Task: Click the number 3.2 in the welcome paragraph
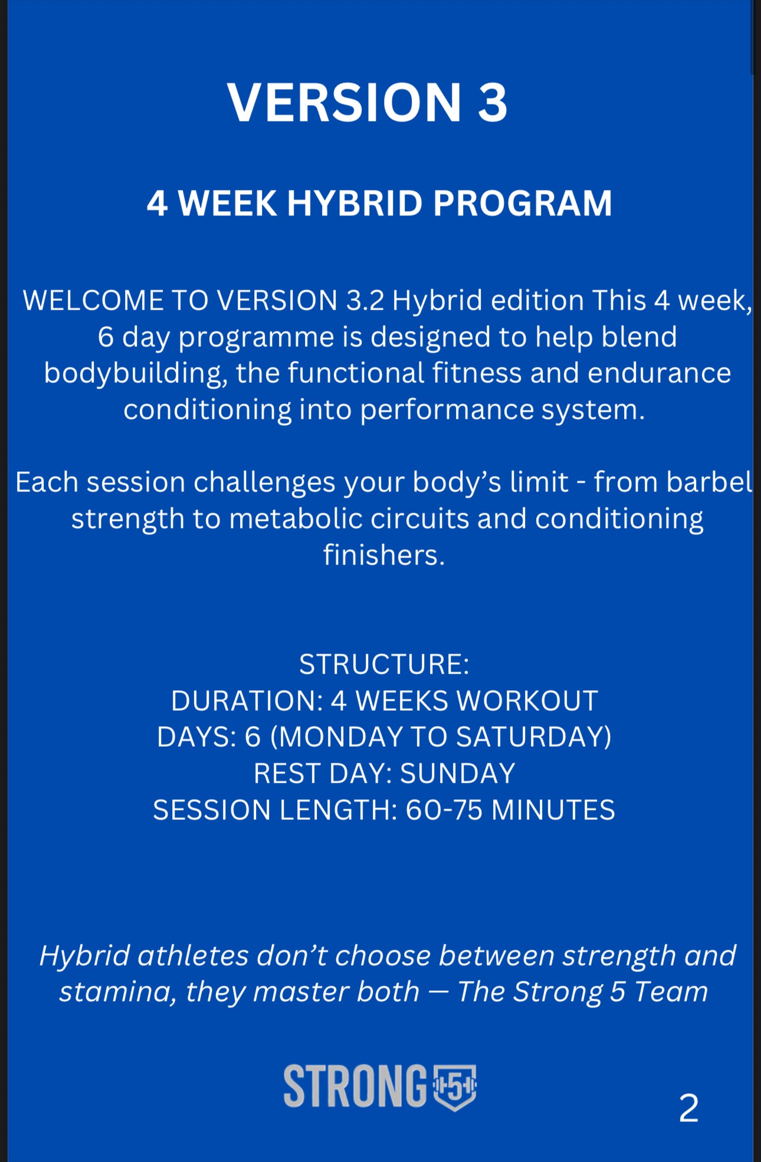point(365,301)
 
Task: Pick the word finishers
point(383,556)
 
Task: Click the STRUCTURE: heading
point(384,665)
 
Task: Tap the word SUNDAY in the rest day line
point(457,774)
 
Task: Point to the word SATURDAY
point(534,737)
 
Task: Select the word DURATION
point(247,701)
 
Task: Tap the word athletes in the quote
point(193,956)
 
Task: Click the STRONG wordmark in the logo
point(355,1086)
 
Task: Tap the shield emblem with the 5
point(454,1087)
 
